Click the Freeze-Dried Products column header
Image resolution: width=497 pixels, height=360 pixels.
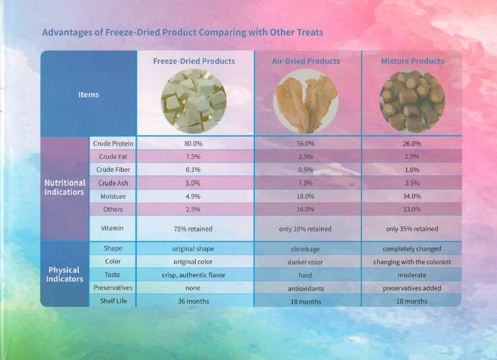(194, 61)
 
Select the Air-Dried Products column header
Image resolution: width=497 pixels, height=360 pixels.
(306, 61)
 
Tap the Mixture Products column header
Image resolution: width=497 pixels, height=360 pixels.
(412, 61)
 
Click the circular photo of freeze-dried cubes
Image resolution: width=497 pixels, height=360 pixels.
(194, 101)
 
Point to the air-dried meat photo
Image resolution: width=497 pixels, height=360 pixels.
(306, 101)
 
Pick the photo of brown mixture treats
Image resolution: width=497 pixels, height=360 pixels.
(412, 101)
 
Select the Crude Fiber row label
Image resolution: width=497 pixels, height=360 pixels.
(113, 170)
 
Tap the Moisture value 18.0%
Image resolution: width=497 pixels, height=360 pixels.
(305, 196)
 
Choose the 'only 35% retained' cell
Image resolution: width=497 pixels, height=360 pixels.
(412, 229)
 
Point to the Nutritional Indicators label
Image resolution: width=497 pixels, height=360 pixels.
(65, 187)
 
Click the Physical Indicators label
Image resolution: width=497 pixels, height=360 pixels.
(65, 274)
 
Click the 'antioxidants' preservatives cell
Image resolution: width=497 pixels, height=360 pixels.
(306, 288)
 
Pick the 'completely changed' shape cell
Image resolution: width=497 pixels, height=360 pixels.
(412, 249)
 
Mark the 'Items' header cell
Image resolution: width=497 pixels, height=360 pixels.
(89, 95)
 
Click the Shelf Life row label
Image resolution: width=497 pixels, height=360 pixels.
(113, 301)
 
